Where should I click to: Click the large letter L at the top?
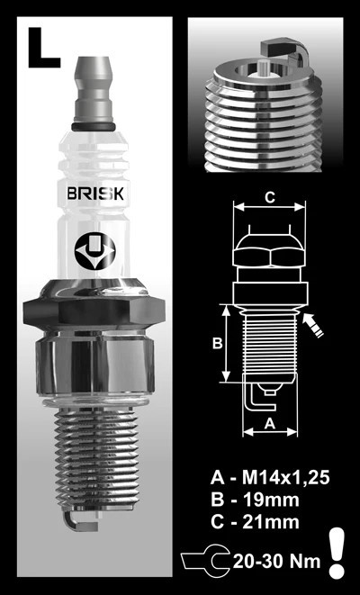(42, 48)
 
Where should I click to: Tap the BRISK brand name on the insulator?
(95, 194)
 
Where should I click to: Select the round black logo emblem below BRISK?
(94, 252)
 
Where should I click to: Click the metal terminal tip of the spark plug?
(94, 89)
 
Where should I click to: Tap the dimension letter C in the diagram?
(269, 198)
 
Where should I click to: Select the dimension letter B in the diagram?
(217, 343)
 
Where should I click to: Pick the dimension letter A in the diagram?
(269, 423)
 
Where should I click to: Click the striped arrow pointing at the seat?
(312, 325)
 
